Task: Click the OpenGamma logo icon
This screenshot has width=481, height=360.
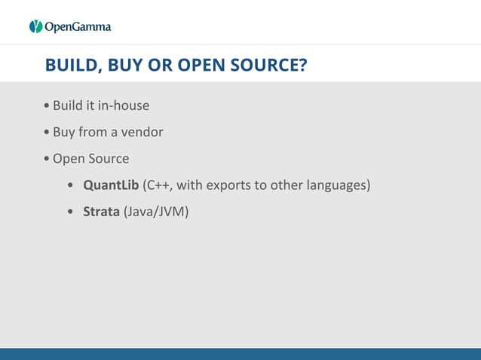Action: click(x=36, y=27)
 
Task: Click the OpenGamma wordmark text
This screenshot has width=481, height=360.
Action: click(x=78, y=27)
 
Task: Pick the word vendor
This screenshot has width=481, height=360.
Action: click(x=142, y=133)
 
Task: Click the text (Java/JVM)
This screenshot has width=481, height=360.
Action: click(x=156, y=212)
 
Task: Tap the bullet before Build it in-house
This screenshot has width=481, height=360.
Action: click(x=47, y=105)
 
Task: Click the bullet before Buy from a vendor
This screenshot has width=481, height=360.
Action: click(x=47, y=133)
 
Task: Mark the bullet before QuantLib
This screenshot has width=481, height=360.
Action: click(x=70, y=185)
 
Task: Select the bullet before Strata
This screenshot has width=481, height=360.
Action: click(x=70, y=212)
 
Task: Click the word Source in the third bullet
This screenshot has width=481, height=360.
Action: click(x=109, y=159)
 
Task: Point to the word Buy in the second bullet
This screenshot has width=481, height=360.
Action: click(x=63, y=133)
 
